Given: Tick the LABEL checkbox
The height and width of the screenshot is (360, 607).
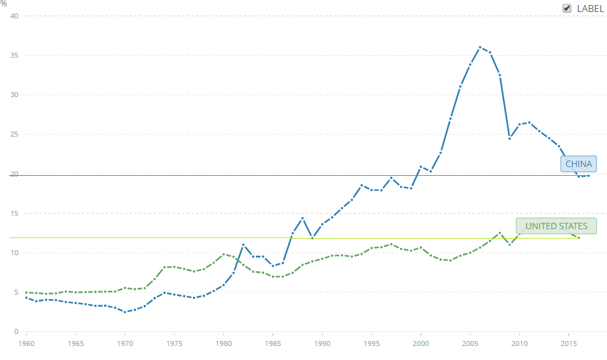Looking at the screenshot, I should (x=567, y=8).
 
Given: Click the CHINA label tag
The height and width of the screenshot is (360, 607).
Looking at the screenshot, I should (x=578, y=164).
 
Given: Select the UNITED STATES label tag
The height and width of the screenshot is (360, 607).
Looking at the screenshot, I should (x=556, y=226).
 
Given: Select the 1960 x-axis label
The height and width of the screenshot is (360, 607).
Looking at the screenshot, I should (x=26, y=343).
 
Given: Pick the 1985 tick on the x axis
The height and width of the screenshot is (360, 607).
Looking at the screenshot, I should (x=273, y=343).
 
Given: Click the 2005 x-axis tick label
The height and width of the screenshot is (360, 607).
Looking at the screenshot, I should (x=470, y=343).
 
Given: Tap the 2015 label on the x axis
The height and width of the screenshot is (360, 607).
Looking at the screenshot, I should (x=569, y=343).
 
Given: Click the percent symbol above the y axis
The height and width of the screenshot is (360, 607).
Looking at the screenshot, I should (x=4, y=4).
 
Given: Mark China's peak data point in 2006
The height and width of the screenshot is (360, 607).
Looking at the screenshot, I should (x=480, y=47).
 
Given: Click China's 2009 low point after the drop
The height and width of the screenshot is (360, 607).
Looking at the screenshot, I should (x=509, y=138).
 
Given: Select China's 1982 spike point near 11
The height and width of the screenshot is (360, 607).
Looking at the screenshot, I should (x=243, y=244).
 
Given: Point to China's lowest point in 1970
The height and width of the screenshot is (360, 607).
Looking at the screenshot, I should (x=125, y=312).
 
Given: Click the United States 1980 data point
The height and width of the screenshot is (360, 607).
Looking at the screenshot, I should (x=223, y=254).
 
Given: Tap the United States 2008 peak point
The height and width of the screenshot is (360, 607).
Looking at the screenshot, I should (x=500, y=232).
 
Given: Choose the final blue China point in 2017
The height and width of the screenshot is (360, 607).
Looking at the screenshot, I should (x=589, y=175).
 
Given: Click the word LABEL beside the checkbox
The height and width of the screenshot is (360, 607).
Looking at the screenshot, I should (x=590, y=8).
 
